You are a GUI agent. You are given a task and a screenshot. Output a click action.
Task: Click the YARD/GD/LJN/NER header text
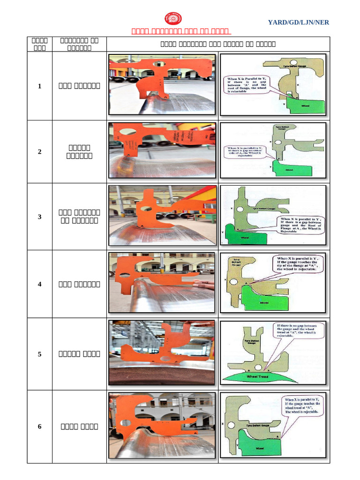(298, 22)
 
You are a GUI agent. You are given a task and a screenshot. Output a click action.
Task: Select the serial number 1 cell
(39, 86)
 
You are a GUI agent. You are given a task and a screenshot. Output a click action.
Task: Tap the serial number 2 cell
(39, 152)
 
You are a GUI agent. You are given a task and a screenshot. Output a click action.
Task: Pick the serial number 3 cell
(39, 217)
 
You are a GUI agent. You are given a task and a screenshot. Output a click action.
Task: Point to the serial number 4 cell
(39, 284)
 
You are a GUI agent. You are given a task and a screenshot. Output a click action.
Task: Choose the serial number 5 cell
(39, 354)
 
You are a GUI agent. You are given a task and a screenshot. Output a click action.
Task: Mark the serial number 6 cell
(39, 427)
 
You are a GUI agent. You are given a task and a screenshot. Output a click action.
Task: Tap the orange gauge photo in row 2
(162, 150)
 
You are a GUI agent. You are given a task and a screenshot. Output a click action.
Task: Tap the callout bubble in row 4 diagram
(296, 264)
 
